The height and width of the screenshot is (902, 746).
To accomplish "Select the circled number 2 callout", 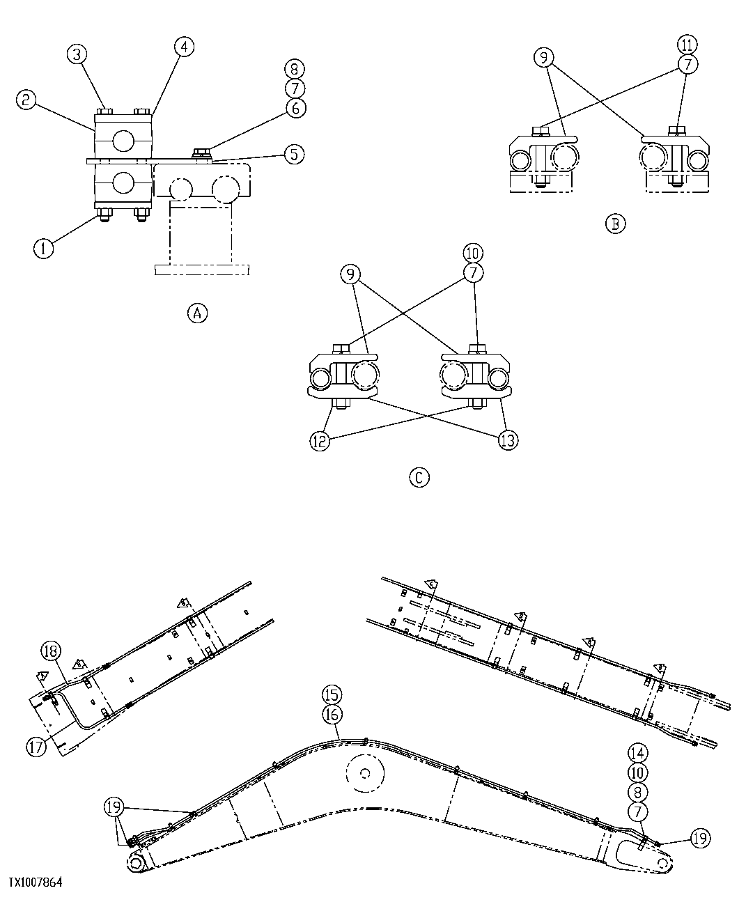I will click(26, 100).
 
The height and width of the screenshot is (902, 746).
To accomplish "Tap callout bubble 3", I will click(77, 54).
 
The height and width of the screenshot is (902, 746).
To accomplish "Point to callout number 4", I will click(183, 47).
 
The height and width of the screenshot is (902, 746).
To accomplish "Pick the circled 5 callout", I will click(295, 154).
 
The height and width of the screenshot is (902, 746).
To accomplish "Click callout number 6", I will click(295, 108).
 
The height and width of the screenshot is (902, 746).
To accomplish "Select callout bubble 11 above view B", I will click(687, 45).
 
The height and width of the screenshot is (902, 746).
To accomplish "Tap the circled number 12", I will click(320, 442).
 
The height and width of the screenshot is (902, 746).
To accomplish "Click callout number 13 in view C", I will click(508, 441).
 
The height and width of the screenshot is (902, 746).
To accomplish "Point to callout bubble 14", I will click(637, 753).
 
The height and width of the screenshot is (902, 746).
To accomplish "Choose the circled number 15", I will click(332, 694).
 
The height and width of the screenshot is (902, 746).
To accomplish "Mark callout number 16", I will click(332, 713).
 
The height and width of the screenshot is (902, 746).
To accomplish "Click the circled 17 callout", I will click(36, 747).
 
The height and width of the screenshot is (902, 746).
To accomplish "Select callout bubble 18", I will click(51, 652).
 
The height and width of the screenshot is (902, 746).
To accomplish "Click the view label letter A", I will click(197, 313).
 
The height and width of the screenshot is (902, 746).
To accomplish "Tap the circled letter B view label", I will click(616, 224).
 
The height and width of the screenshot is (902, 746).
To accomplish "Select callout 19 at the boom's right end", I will click(701, 841).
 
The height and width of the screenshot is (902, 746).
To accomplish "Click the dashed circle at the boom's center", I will click(364, 772).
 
